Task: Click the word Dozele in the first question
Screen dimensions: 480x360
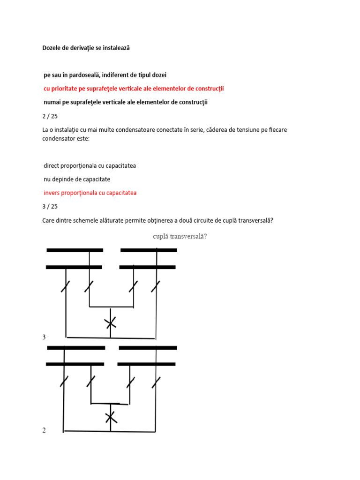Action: pos(52,48)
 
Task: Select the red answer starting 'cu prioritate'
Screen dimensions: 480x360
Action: pos(134,89)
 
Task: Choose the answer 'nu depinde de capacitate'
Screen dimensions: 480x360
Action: pos(77,179)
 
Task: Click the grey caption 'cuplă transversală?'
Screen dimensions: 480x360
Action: pos(180,236)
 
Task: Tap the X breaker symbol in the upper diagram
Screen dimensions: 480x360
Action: pos(110,322)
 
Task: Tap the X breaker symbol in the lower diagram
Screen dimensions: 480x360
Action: pos(110,417)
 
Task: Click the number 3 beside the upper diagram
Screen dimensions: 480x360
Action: pos(44,337)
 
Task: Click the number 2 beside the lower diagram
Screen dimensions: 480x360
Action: pos(44,430)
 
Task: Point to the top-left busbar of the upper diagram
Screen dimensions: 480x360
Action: pos(75,250)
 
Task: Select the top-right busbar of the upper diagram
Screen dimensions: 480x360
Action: pos(149,250)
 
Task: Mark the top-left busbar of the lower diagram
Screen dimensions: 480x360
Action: pos(76,348)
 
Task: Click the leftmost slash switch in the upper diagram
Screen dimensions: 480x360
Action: pos(66,286)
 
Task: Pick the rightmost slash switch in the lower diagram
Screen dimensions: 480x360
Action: pos(156,382)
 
